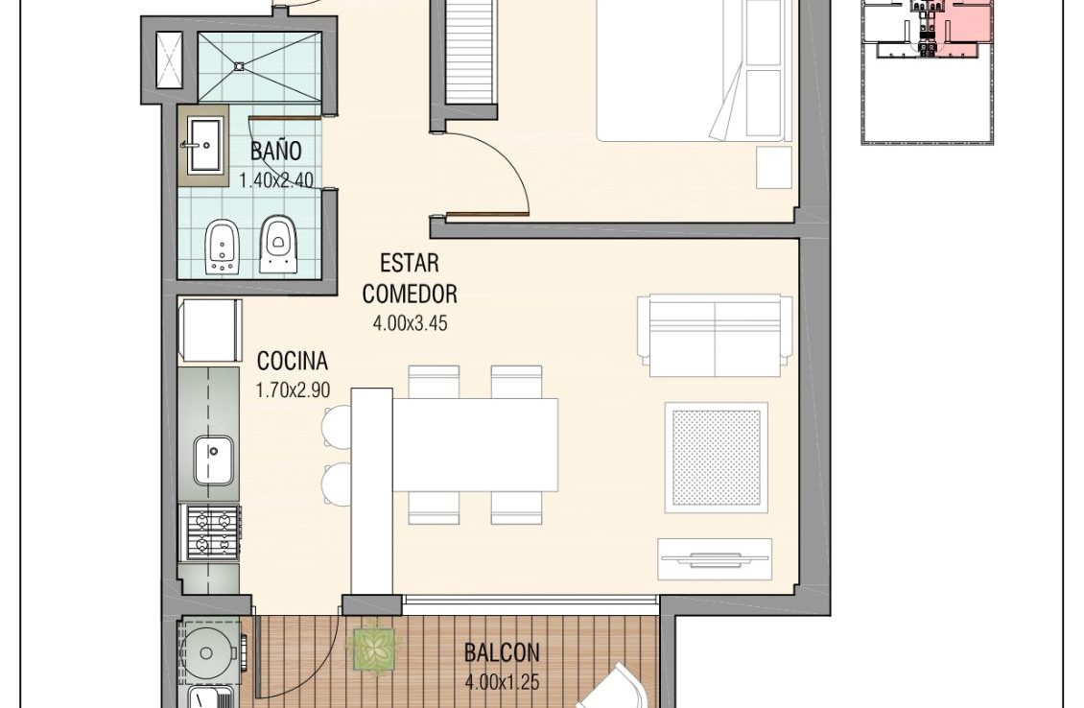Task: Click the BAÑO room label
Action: click(x=276, y=151)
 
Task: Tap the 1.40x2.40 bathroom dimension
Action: click(x=276, y=180)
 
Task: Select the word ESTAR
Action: click(x=410, y=264)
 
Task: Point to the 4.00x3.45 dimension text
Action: click(x=410, y=323)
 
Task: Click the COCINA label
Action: click(x=293, y=361)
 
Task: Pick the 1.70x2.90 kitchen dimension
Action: click(x=293, y=390)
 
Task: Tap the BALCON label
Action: click(x=501, y=652)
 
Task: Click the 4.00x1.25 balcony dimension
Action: click(x=502, y=683)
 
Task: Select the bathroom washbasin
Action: click(x=204, y=145)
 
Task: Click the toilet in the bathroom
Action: click(x=278, y=244)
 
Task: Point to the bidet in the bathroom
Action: click(x=222, y=247)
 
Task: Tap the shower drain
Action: click(x=239, y=66)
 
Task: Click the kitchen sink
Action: click(x=213, y=460)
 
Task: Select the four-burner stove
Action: click(x=210, y=533)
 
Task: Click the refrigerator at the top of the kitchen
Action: click(x=210, y=330)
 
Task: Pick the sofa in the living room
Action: click(x=715, y=336)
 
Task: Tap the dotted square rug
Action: click(x=717, y=458)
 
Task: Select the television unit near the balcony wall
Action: click(x=715, y=559)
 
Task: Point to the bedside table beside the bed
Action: click(x=774, y=167)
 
